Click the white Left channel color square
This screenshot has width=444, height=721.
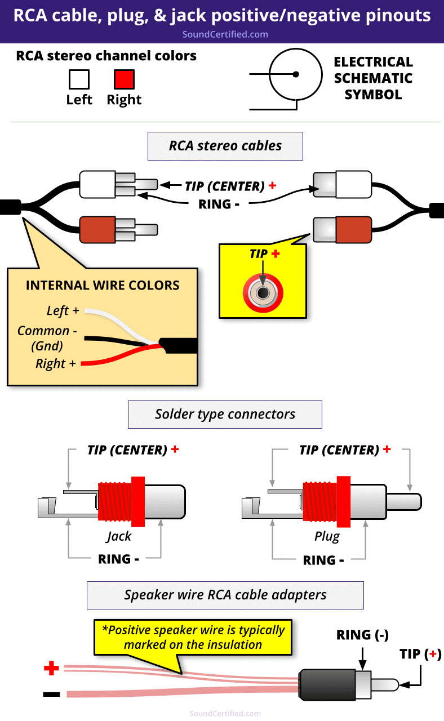click(79, 79)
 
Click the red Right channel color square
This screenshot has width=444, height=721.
click(124, 79)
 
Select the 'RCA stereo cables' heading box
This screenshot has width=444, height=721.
click(225, 146)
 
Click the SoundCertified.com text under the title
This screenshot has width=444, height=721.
click(225, 34)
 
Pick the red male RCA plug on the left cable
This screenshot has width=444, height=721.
click(107, 229)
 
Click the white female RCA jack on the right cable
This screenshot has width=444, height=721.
click(341, 184)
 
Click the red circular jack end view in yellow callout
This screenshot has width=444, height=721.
click(263, 292)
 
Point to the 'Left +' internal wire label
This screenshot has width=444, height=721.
click(63, 310)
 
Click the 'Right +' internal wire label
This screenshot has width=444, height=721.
click(55, 363)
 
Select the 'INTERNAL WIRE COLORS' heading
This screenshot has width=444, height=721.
click(103, 285)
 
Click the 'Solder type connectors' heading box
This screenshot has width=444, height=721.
click(225, 415)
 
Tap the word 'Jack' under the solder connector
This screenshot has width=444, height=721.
click(119, 536)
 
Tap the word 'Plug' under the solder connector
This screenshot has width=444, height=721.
click(327, 536)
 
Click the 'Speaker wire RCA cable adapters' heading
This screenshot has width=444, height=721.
click(225, 595)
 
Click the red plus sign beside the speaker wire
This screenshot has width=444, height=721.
click(51, 669)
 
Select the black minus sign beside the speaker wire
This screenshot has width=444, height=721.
click(51, 694)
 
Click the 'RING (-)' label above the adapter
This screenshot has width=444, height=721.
click(362, 635)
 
